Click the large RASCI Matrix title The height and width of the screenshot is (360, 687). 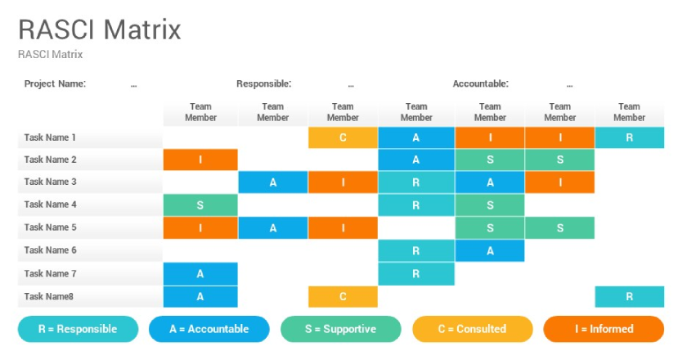click(x=100, y=29)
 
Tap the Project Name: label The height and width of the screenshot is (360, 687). click(x=56, y=83)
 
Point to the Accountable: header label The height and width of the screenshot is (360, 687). click(x=481, y=83)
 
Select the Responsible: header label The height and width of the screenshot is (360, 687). click(x=263, y=83)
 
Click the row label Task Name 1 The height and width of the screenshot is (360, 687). click(x=50, y=137)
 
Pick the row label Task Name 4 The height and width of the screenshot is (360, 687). click(x=50, y=205)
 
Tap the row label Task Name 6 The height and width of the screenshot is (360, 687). click(x=50, y=250)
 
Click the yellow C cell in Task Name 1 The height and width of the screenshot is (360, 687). click(x=343, y=137)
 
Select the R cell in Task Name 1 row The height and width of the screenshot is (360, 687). click(x=630, y=137)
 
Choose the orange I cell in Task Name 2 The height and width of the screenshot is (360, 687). click(x=200, y=160)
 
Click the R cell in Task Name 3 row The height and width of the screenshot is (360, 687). click(x=416, y=182)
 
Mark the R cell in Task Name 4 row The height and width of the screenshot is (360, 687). click(x=416, y=205)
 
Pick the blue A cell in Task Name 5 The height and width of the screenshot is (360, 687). click(x=273, y=228)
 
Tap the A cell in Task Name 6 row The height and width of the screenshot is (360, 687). click(x=490, y=251)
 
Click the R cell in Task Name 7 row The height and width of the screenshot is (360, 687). click(x=416, y=273)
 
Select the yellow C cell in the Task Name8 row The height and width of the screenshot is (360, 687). click(x=343, y=296)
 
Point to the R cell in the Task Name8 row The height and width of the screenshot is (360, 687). click(x=630, y=296)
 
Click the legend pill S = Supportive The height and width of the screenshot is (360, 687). click(x=341, y=329)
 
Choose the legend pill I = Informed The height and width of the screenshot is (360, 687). click(x=604, y=329)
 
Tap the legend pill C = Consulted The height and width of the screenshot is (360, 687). click(x=473, y=329)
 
